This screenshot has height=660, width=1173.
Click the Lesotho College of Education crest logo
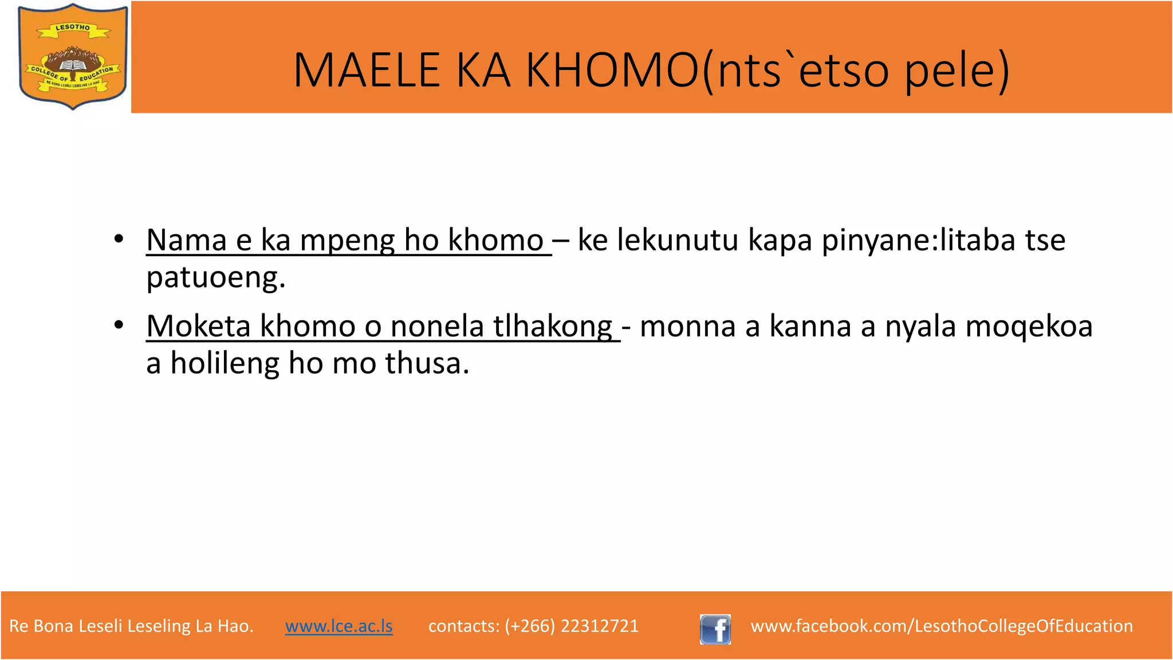(73, 56)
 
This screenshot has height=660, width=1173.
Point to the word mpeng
(347, 241)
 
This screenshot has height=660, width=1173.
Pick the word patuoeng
(215, 278)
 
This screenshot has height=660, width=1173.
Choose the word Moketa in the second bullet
(198, 326)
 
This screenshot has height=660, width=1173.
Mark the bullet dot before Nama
(119, 239)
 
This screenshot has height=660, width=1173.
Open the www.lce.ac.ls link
(339, 626)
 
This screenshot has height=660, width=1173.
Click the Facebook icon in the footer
(715, 629)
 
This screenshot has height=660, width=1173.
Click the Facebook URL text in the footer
(942, 626)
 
